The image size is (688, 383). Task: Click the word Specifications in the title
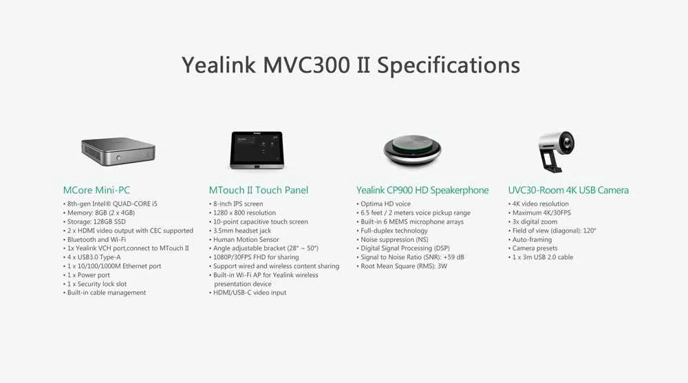(x=448, y=65)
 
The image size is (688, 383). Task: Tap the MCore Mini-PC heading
(x=96, y=190)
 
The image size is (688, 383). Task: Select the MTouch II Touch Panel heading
(x=259, y=190)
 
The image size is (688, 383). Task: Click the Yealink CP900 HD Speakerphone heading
(x=422, y=190)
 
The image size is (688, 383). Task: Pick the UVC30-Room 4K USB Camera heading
(x=568, y=190)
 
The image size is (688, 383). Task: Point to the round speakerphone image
(x=412, y=147)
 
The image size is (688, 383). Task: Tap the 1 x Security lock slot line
(x=97, y=283)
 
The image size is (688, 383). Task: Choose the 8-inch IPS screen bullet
(x=238, y=204)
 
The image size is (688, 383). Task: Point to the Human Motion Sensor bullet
(x=247, y=239)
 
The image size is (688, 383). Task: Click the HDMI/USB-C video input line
(x=250, y=292)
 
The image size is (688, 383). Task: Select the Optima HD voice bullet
(x=386, y=204)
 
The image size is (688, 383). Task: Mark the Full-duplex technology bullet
(x=394, y=230)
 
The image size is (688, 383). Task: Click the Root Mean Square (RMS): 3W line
(x=404, y=265)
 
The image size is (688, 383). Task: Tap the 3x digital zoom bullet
(x=537, y=221)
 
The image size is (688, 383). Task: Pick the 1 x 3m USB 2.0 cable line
(x=543, y=256)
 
